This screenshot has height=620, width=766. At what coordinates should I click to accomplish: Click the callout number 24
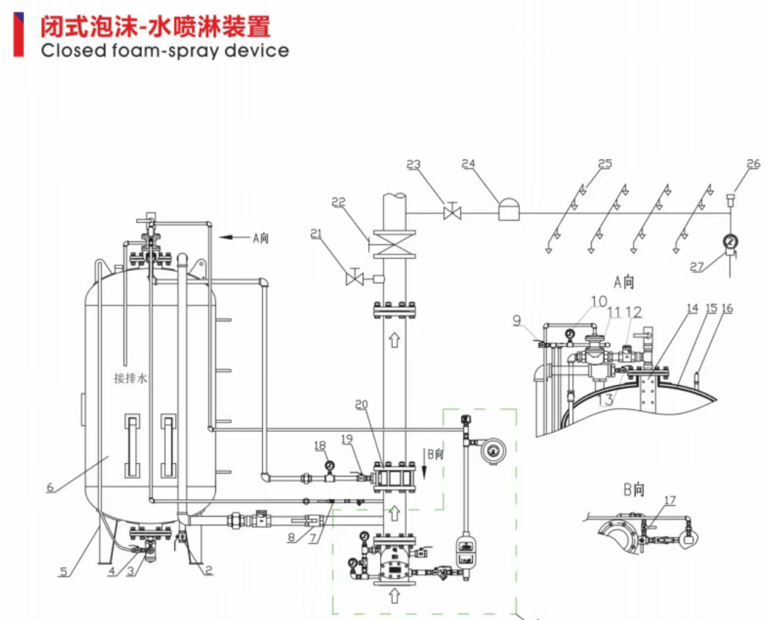pyautogui.click(x=469, y=164)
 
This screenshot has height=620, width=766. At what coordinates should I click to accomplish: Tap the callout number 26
pyautogui.click(x=753, y=164)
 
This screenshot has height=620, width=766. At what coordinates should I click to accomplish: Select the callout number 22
pyautogui.click(x=338, y=202)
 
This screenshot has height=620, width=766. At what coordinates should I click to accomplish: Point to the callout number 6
pyautogui.click(x=50, y=487)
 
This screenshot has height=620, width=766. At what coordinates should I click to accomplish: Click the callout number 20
pyautogui.click(x=362, y=405)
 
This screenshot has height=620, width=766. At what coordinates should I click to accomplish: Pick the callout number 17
pyautogui.click(x=670, y=500)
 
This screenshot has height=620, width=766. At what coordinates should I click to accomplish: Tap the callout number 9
pyautogui.click(x=517, y=321)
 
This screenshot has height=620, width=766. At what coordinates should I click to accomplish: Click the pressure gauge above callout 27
pyautogui.click(x=730, y=242)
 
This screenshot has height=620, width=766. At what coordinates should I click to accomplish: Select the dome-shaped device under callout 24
pyautogui.click(x=508, y=210)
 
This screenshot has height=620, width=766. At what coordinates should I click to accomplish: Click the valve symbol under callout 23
pyautogui.click(x=453, y=211)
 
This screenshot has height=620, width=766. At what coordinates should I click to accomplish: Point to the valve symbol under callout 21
pyautogui.click(x=355, y=278)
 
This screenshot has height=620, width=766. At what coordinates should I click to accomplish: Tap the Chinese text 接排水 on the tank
pyautogui.click(x=130, y=378)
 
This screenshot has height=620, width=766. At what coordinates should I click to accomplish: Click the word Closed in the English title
pyautogui.click(x=73, y=51)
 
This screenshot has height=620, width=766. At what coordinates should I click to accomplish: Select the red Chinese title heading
pyautogui.click(x=155, y=26)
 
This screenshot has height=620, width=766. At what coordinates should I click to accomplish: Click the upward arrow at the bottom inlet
pyautogui.click(x=394, y=596)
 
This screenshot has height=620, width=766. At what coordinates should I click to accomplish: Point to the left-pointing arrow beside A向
pyautogui.click(x=234, y=237)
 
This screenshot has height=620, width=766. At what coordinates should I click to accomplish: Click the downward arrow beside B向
pyautogui.click(x=424, y=470)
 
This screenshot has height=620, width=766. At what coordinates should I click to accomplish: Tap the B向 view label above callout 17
pyautogui.click(x=634, y=490)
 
